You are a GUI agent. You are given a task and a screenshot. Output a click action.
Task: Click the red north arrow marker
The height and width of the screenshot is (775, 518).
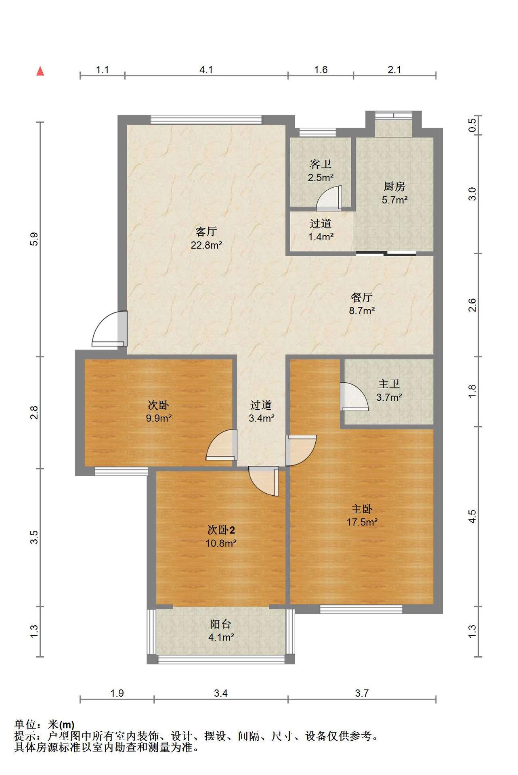(40, 71)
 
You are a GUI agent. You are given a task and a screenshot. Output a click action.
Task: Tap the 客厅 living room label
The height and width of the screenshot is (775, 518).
(206, 231)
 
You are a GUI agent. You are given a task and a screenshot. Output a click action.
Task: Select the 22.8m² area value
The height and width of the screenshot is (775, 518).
(206, 245)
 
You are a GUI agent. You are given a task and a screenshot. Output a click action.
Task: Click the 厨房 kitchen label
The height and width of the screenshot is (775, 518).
(394, 186)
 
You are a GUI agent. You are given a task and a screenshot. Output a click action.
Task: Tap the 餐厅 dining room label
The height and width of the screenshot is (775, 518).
(362, 297)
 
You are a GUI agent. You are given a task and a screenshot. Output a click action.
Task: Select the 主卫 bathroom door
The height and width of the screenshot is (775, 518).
(354, 396)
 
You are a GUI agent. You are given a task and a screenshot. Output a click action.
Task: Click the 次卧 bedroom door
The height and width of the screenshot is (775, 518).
(222, 444)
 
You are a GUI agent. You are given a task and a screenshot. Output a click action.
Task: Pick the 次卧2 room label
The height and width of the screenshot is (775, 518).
(221, 530)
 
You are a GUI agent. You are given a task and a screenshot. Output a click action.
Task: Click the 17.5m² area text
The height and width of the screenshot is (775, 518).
(362, 522)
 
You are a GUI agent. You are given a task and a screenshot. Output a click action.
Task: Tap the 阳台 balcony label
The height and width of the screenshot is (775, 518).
(220, 624)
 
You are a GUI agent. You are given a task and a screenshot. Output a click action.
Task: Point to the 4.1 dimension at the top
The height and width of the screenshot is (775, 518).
(206, 70)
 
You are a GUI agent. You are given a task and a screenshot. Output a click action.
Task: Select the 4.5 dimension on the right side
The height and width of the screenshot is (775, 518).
(472, 516)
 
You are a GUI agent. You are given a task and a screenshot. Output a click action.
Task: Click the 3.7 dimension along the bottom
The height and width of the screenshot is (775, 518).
(362, 693)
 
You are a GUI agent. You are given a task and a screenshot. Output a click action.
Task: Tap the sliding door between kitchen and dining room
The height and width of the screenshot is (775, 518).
(386, 253)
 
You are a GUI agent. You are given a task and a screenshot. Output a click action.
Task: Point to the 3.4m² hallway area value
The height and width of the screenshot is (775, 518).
(262, 418)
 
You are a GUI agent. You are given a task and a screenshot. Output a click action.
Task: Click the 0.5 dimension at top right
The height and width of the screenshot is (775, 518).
(472, 125)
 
